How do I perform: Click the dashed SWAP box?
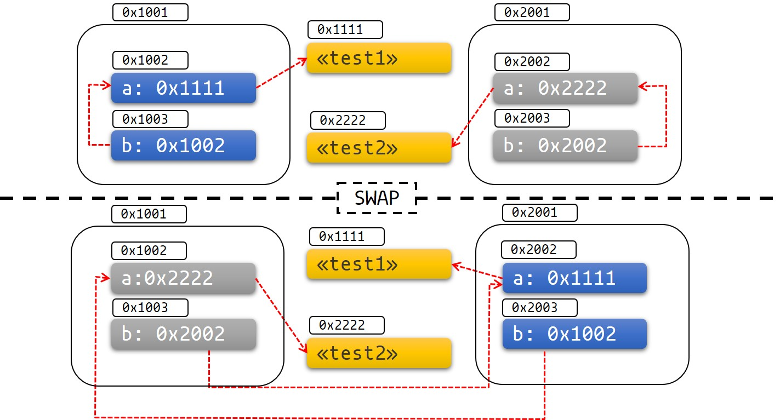point(377,198)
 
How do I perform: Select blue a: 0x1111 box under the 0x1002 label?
point(184,88)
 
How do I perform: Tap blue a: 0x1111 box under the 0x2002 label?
point(574,278)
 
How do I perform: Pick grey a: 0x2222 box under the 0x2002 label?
point(565,88)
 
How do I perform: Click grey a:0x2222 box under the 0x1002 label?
point(183,278)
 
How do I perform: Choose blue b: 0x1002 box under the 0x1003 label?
point(184,145)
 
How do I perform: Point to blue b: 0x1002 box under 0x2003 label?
point(574,334)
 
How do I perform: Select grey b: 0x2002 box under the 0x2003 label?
point(565,146)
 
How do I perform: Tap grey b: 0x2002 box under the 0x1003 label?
point(183,334)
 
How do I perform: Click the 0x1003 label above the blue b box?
point(150,119)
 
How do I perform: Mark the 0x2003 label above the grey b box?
point(532,118)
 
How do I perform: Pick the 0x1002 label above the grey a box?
point(149,251)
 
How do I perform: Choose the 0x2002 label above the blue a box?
point(539,250)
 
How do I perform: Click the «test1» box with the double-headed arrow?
point(379,264)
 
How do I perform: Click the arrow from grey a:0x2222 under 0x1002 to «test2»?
point(281,314)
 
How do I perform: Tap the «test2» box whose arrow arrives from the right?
point(379,148)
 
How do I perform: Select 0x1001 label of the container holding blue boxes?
point(150,13)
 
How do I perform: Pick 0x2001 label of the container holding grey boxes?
point(532,13)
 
